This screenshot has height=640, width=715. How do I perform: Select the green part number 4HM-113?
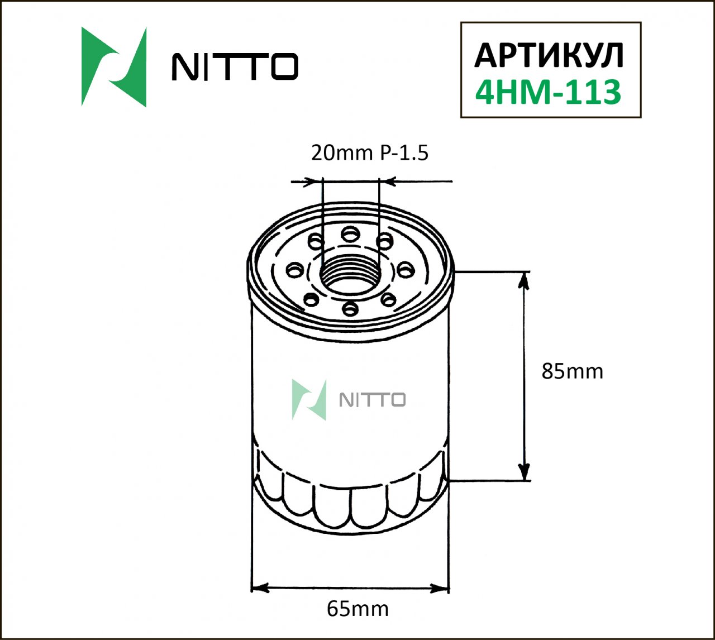click(x=548, y=92)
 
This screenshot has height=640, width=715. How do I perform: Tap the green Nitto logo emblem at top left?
click(x=115, y=66)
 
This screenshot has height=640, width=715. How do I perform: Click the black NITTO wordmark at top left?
click(x=235, y=67)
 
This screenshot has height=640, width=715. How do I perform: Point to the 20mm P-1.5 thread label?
click(x=369, y=152)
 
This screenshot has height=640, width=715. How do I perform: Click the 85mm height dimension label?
click(x=572, y=371)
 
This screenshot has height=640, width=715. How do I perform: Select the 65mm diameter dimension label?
click(x=357, y=608)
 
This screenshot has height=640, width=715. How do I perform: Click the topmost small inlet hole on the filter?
click(x=350, y=233)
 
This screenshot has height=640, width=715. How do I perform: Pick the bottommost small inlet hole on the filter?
click(x=350, y=308)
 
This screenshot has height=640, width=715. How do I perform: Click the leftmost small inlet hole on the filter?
click(x=293, y=271)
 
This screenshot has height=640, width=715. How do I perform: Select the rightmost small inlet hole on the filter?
click(x=406, y=270)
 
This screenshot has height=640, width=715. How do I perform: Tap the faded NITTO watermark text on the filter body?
click(x=373, y=400)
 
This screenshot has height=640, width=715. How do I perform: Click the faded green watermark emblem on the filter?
click(x=309, y=400)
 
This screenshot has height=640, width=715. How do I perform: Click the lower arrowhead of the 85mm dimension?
click(x=523, y=471)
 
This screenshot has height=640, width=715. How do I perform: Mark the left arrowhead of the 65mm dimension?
click(x=261, y=588)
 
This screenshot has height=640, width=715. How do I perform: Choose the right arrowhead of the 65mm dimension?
click(x=440, y=588)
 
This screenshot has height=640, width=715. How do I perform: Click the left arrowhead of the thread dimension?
click(x=314, y=182)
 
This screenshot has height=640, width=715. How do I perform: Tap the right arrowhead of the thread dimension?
click(x=388, y=182)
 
